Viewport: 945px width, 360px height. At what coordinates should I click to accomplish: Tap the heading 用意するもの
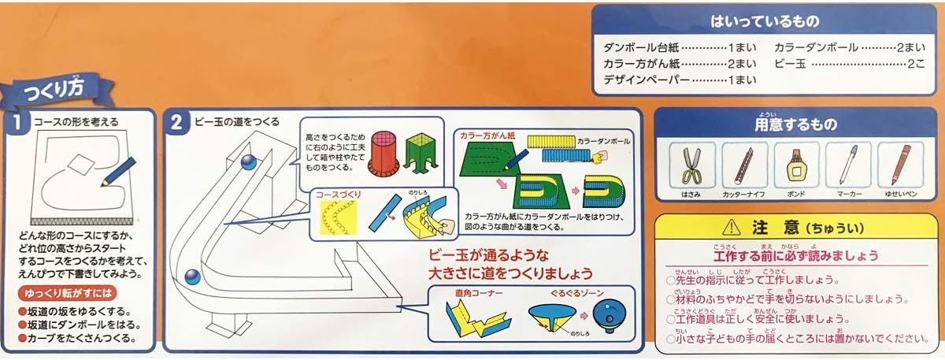point(795,124)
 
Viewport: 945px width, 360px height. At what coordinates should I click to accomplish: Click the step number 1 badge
point(17,122)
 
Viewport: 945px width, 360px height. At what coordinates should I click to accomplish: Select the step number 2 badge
point(177,122)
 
